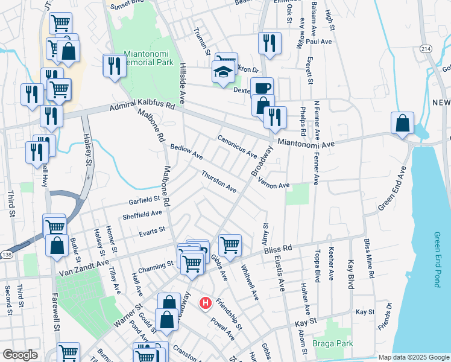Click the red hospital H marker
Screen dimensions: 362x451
click(x=206, y=302)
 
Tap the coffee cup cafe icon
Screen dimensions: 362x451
click(x=262, y=87)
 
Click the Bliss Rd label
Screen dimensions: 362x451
click(x=278, y=248)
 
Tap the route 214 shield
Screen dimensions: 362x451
click(x=426, y=48)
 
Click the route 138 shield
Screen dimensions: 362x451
click(x=5, y=255)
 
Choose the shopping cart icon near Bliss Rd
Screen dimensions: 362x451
click(x=230, y=244)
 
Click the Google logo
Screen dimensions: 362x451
click(x=19, y=355)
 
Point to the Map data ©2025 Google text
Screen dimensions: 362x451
click(x=414, y=357)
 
